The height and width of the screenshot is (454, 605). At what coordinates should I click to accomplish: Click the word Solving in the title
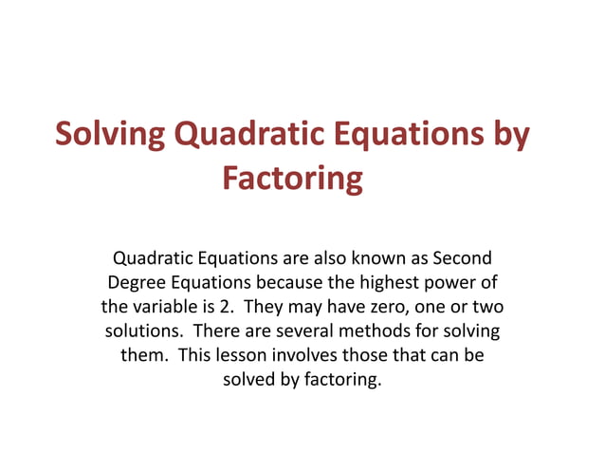coord(109,135)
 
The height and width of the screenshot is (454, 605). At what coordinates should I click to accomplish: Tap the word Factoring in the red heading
coord(292,178)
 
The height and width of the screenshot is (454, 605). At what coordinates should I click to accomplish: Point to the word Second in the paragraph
coord(460,257)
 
